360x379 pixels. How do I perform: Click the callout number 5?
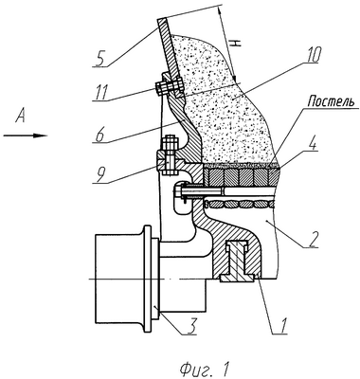tap(99, 59)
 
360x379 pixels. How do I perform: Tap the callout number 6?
tap(99, 135)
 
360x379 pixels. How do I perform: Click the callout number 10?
tap(311, 55)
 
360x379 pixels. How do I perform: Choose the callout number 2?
tap(311, 239)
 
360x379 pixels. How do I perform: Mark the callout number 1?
tap(283, 326)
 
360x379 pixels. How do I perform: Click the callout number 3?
tap(191, 327)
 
